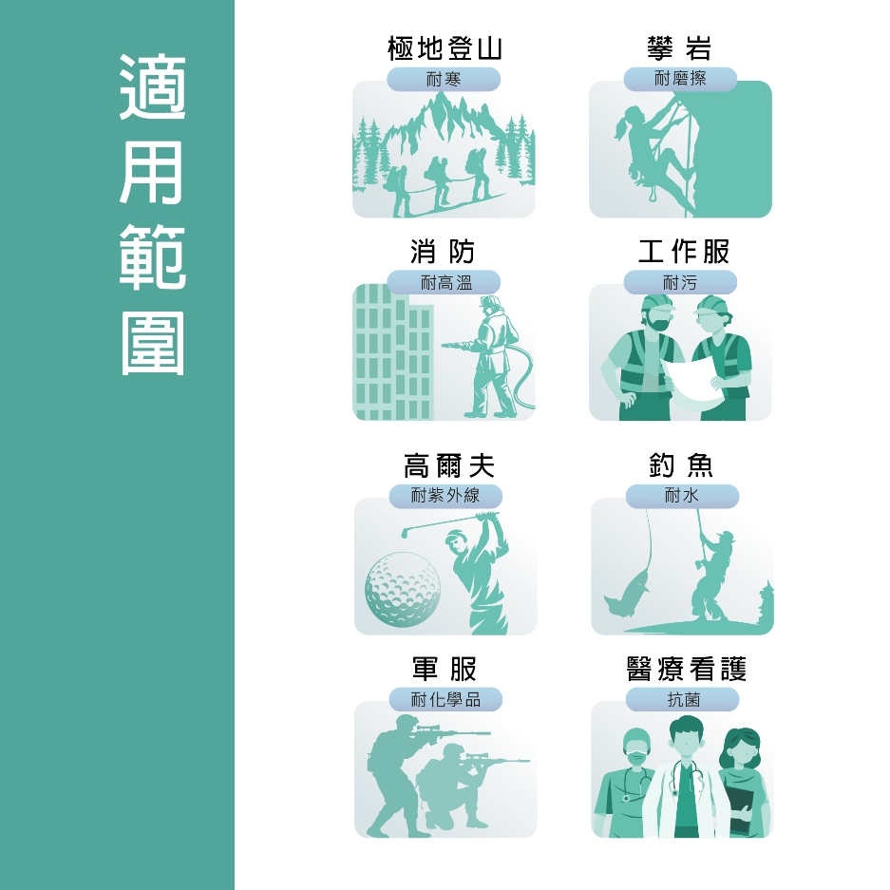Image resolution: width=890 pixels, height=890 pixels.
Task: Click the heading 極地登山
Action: pos(445,48)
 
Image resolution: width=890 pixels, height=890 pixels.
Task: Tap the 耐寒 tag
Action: pos(444,79)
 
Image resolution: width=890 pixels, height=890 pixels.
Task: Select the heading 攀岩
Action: pos(679,48)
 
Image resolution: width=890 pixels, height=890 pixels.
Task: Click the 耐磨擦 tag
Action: pos(680,79)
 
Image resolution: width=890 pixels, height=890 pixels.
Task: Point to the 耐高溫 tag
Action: pos(444,282)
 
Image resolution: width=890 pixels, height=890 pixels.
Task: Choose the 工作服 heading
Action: pos(683,252)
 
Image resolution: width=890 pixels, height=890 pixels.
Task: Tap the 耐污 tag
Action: pos(680,282)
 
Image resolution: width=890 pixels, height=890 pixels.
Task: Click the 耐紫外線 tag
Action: pos(445,496)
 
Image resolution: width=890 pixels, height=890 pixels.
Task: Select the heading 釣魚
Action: pos(681,465)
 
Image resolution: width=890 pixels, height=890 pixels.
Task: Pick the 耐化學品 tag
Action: pos(445,699)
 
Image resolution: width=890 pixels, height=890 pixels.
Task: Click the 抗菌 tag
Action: pos(682,699)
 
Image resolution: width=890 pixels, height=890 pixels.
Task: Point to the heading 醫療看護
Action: pos(686,669)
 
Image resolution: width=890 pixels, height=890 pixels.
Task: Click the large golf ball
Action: pos(403,589)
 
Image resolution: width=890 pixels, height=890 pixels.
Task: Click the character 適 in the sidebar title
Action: pos(152,86)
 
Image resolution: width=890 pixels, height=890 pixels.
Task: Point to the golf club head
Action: pos(404,533)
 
